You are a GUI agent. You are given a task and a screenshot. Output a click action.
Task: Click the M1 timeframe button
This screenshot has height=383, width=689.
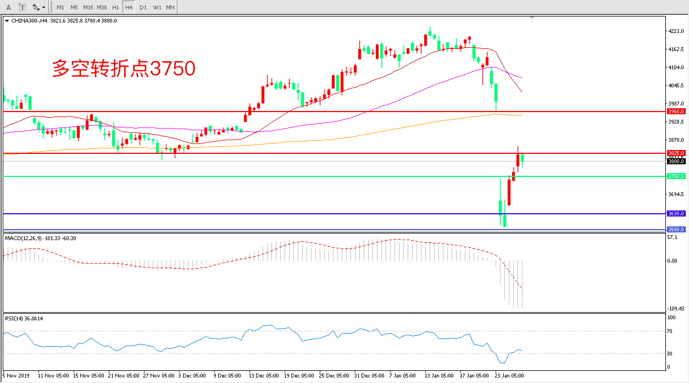60,8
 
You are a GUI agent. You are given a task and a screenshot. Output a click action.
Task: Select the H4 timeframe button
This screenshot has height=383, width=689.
129,8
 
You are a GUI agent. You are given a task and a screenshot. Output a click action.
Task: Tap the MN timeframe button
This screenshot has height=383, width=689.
170,8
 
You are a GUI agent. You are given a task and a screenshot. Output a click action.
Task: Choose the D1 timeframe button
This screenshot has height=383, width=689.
143,8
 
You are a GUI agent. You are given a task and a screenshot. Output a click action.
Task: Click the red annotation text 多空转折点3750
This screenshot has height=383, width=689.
124,69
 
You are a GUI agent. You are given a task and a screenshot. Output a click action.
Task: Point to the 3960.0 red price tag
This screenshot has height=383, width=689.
675,111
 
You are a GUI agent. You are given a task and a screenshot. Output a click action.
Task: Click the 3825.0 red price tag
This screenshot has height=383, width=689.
675,153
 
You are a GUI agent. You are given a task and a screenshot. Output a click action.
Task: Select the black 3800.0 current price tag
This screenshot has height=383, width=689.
675,161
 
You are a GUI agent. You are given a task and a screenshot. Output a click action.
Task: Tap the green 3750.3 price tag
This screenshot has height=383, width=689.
675,176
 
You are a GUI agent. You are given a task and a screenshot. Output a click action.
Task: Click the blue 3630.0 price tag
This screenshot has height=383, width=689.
675,213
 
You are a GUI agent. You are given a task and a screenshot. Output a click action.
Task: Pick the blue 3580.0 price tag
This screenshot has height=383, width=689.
675,229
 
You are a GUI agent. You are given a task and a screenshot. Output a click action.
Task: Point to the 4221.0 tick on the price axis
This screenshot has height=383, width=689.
676,31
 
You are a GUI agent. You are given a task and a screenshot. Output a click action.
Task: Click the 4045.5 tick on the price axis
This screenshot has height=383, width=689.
676,86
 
